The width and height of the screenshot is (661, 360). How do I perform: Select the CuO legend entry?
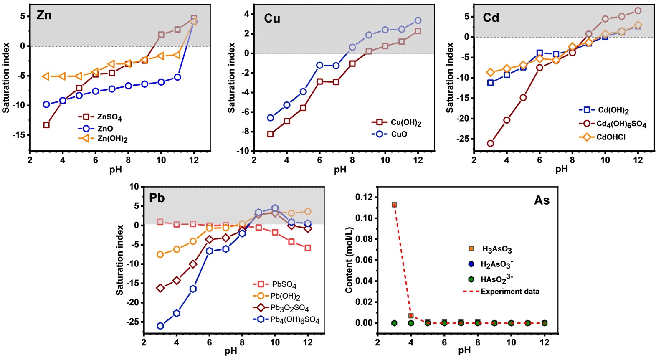(399, 134)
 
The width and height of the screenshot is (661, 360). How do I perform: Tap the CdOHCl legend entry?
(610, 137)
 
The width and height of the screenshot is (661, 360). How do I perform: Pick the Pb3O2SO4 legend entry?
(289, 308)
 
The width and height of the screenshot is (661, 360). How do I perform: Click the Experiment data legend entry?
(509, 292)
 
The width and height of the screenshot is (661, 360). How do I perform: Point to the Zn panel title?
(44, 15)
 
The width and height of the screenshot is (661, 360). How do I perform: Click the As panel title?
(542, 200)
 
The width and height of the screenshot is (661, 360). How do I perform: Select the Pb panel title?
(157, 198)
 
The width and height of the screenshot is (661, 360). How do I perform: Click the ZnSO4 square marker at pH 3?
(46, 125)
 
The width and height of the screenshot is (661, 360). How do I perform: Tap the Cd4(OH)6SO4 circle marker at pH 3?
(491, 143)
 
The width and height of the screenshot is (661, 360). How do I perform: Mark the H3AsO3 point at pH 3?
(394, 205)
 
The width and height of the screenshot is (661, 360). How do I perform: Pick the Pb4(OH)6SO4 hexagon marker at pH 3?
(160, 326)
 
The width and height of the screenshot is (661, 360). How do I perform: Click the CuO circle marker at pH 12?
(418, 20)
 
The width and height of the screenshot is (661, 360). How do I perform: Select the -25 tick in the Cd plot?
(463, 139)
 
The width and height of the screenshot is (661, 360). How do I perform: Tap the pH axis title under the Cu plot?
(340, 170)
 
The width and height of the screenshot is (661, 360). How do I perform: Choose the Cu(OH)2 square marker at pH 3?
(271, 134)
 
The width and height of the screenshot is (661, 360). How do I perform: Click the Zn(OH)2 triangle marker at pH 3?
(46, 76)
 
